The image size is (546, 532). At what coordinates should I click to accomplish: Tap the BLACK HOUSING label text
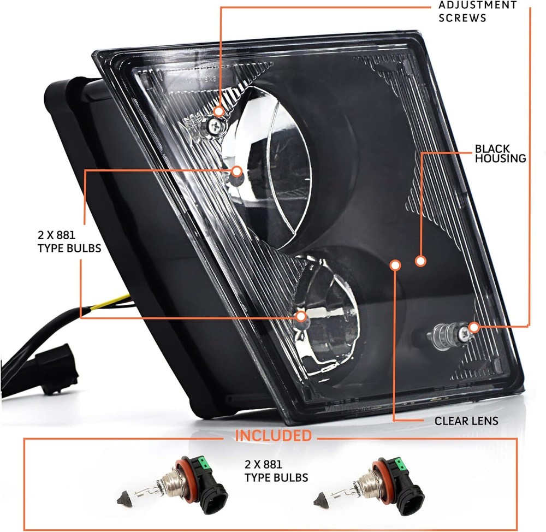tap(500, 153)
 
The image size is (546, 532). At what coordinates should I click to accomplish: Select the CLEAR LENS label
tap(466, 421)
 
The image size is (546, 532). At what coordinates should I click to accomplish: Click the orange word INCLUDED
tap(273, 436)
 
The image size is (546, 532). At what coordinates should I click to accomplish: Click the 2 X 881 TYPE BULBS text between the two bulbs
tap(276, 471)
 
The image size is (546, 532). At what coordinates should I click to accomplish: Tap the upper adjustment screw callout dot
tap(219, 111)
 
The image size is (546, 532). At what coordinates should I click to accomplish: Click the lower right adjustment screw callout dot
tap(473, 327)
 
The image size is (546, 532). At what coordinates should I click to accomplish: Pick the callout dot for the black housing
tap(420, 261)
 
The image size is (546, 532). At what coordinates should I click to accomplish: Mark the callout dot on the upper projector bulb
tap(236, 171)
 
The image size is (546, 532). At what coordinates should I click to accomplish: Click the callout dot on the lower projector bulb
tap(300, 316)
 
